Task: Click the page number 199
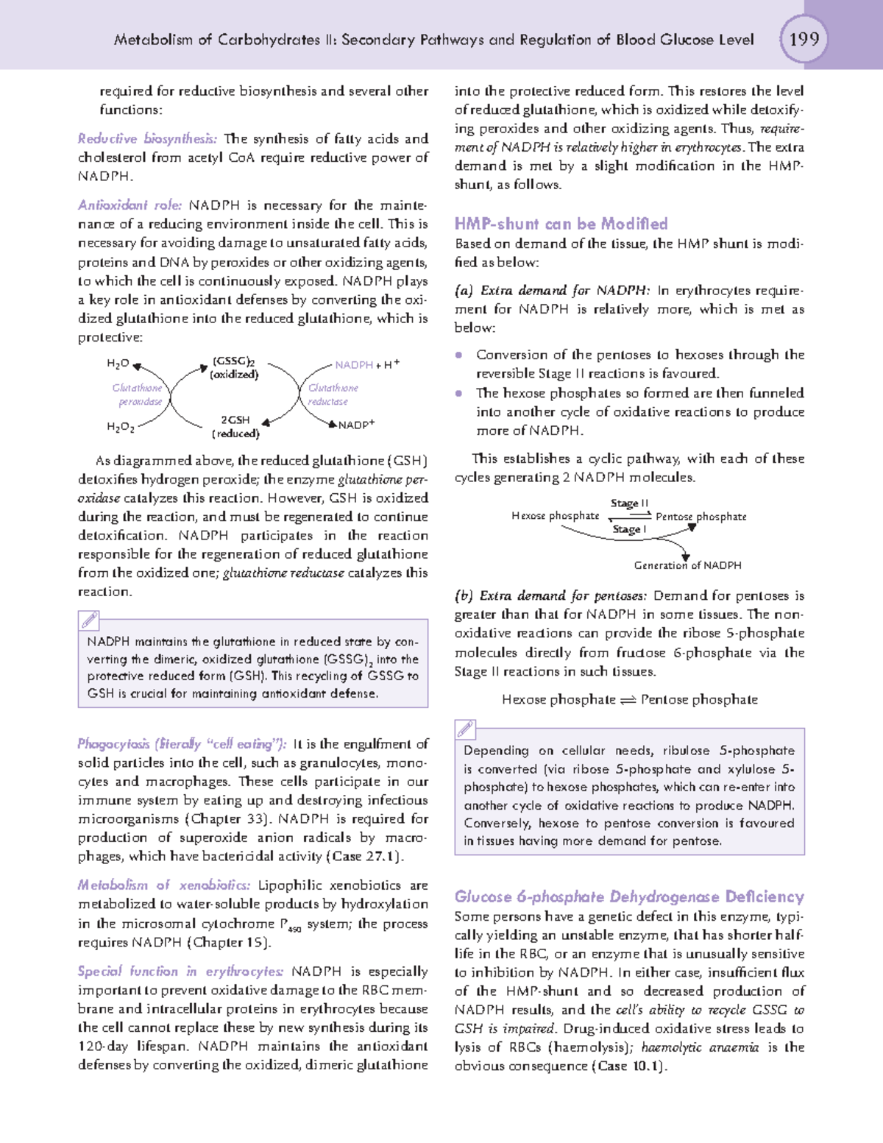click(x=804, y=38)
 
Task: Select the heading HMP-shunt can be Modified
click(x=561, y=224)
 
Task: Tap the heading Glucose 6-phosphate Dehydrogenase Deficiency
click(x=629, y=896)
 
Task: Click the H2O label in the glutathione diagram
click(x=118, y=364)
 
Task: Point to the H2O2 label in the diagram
click(x=120, y=427)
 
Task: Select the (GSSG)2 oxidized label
click(x=234, y=367)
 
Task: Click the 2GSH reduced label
click(x=235, y=426)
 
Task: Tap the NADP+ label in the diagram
click(x=356, y=425)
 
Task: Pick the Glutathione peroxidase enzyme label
click(x=138, y=394)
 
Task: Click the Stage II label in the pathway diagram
click(x=629, y=503)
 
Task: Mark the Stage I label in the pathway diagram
click(x=629, y=529)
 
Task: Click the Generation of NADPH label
click(x=687, y=565)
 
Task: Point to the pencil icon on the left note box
click(x=89, y=620)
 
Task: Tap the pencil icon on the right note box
click(x=465, y=729)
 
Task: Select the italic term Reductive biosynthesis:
click(x=147, y=138)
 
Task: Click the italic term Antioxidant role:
click(x=130, y=205)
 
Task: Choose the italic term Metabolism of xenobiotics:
click(x=163, y=885)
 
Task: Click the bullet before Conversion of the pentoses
click(x=459, y=355)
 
